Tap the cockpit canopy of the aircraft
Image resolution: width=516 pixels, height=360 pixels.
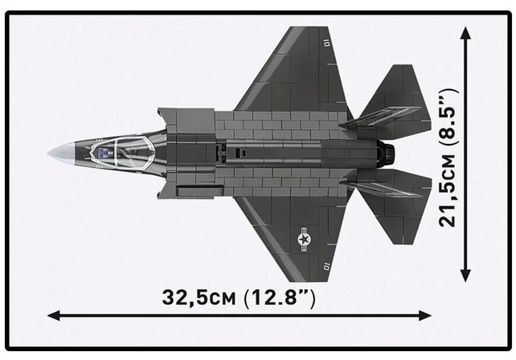[126, 152]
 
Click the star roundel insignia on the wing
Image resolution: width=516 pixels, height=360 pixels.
[303, 238]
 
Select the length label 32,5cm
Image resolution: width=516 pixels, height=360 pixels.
[196, 298]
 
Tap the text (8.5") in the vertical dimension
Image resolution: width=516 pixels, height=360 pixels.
[447, 119]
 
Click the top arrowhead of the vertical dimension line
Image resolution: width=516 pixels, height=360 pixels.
[465, 33]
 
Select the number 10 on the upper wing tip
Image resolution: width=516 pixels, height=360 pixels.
[327, 42]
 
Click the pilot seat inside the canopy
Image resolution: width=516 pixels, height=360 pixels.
[102, 152]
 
